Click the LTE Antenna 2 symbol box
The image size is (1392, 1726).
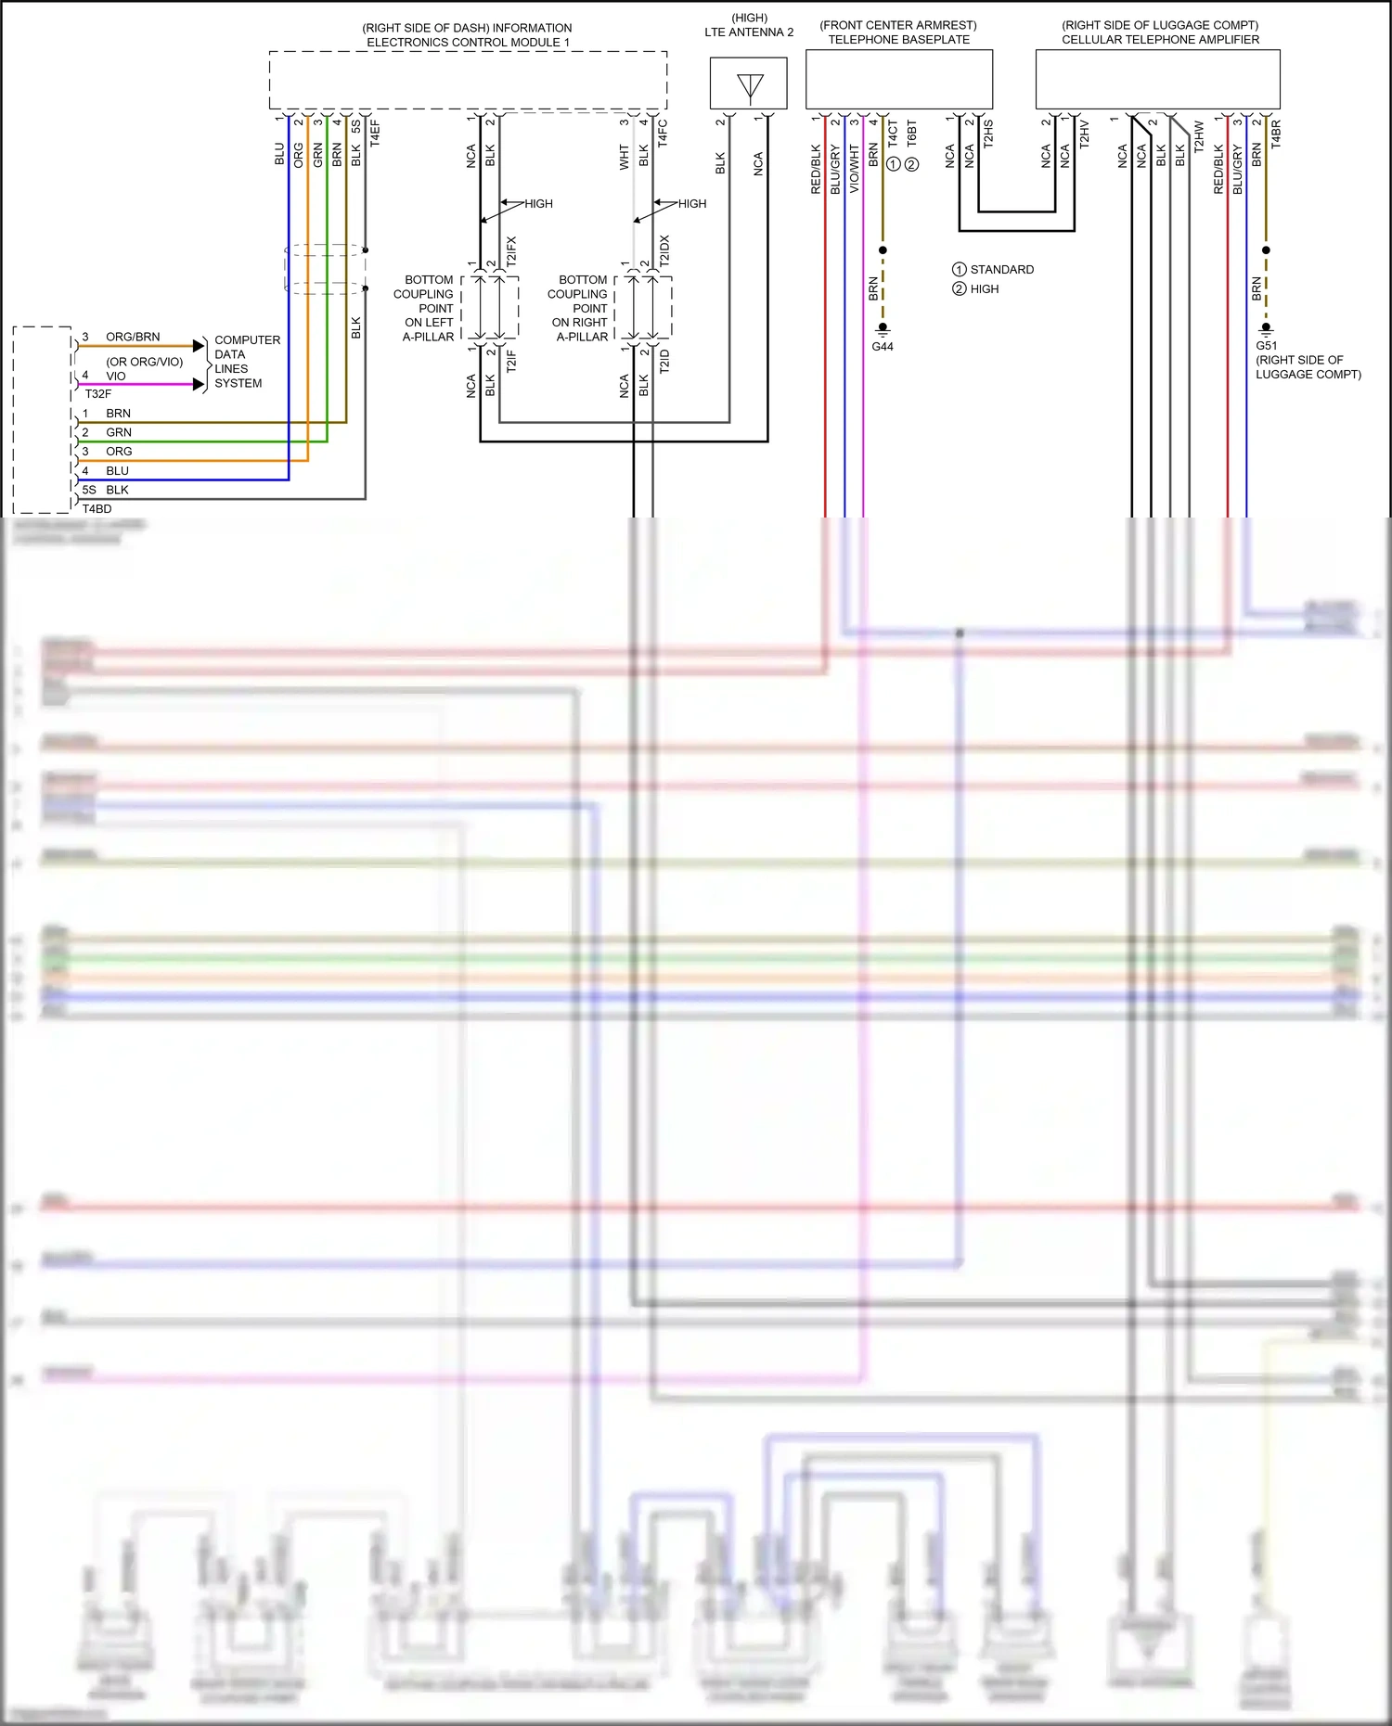pos(748,83)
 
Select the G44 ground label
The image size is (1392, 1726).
pos(882,347)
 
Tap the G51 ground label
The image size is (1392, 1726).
pos(1266,346)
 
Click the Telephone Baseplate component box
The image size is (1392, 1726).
pos(898,79)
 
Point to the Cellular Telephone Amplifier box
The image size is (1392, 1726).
pos(1157,79)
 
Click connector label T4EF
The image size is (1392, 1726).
pos(375,133)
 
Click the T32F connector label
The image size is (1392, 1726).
pos(97,394)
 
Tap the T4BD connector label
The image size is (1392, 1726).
pos(97,509)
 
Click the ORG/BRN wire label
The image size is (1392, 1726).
pos(133,337)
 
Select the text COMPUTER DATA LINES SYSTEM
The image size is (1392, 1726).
pos(246,362)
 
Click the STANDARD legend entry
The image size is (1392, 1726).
pos(1001,270)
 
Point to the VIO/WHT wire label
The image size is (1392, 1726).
pos(854,169)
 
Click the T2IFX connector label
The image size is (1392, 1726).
pos(511,251)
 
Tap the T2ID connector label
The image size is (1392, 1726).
pos(664,362)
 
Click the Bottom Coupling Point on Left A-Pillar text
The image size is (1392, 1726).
pos(427,308)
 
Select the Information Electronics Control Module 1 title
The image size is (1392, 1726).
pos(467,35)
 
